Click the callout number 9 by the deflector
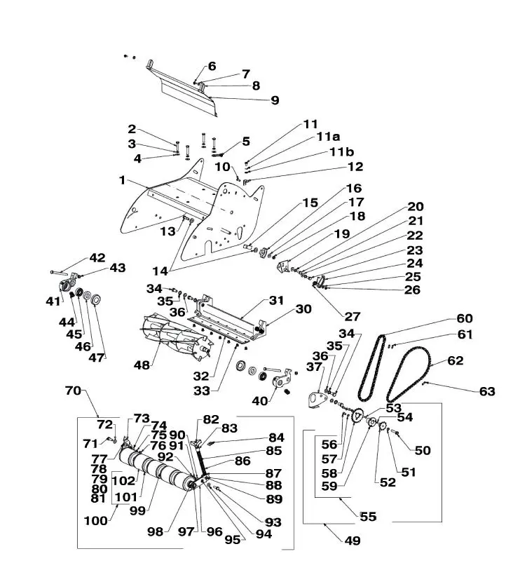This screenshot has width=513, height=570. pyautogui.click(x=275, y=100)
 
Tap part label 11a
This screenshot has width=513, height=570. pyautogui.click(x=328, y=137)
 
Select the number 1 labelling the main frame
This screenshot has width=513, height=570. pyautogui.click(x=123, y=180)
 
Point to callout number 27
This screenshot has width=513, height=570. pyautogui.click(x=352, y=317)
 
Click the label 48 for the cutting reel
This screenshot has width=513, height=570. pyautogui.click(x=142, y=365)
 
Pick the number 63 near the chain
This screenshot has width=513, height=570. pyautogui.click(x=487, y=391)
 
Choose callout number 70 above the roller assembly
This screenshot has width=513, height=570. pyautogui.click(x=73, y=391)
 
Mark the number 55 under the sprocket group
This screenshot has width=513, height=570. pyautogui.click(x=368, y=517)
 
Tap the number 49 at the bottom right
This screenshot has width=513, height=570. pyautogui.click(x=353, y=541)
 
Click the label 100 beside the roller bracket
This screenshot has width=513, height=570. pyautogui.click(x=95, y=521)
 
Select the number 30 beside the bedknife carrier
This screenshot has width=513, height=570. pyautogui.click(x=303, y=309)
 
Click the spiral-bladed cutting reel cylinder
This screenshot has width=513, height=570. pyautogui.click(x=176, y=338)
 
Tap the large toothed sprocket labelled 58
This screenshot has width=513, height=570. pyautogui.click(x=358, y=416)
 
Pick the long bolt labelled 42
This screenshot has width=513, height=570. pyautogui.click(x=60, y=272)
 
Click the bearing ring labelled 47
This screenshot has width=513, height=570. pyautogui.click(x=96, y=299)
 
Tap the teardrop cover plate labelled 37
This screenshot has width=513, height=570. pyautogui.click(x=317, y=400)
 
